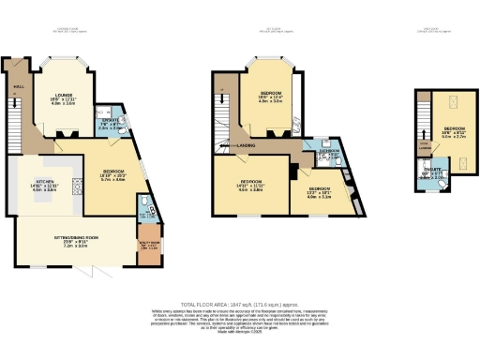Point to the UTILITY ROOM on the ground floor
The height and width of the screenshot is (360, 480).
[149, 246]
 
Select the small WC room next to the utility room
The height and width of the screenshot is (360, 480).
[143, 208]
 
